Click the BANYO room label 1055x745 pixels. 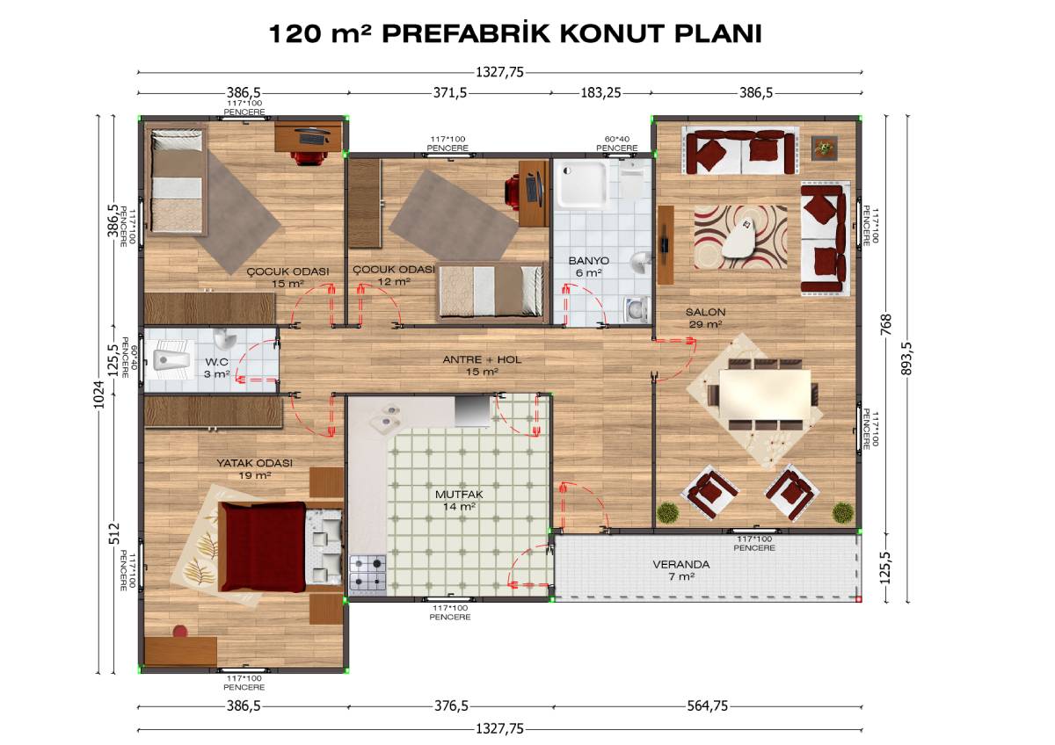588,261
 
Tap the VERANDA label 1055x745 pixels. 681,564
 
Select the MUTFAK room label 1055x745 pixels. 459,495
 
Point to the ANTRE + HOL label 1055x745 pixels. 482,359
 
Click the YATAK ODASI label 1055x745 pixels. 255,463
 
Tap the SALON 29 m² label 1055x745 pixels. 705,318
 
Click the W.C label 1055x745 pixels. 216,362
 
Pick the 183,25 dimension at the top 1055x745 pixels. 600,93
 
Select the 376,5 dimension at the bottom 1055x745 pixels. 451,706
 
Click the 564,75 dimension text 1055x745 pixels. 708,706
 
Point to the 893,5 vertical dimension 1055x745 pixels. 906,358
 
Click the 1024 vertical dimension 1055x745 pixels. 98,394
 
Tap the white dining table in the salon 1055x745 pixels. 766,395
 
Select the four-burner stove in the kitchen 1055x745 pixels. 367,573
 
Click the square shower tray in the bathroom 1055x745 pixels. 582,184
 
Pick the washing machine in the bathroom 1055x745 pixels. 636,310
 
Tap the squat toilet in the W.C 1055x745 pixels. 173,360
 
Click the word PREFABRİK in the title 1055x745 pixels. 466,34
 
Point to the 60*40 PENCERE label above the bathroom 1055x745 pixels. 617,143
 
